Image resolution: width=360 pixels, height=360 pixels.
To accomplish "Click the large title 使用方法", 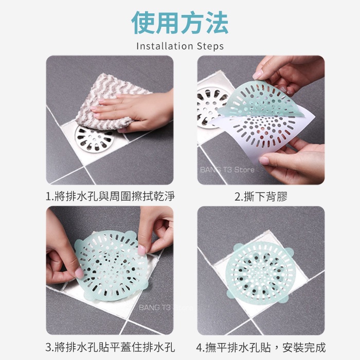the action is [180, 23].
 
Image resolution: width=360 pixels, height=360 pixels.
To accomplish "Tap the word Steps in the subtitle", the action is [210, 46].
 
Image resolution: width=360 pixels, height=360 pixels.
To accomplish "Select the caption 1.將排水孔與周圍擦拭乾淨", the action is [110, 196].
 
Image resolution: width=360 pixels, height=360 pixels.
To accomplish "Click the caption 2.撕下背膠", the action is [261, 197].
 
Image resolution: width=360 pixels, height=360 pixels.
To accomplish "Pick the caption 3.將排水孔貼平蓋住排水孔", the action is [110, 347].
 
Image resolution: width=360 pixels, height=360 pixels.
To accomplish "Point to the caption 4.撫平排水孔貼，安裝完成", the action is [261, 347].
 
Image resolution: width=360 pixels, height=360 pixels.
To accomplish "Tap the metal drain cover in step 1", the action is [95, 139].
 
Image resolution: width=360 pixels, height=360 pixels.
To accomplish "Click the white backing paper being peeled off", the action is [264, 133].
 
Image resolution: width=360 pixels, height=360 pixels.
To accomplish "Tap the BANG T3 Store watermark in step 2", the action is [227, 170].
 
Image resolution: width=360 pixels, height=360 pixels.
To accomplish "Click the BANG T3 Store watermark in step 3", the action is [166, 308].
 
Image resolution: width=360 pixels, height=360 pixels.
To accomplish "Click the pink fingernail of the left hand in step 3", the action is [79, 273].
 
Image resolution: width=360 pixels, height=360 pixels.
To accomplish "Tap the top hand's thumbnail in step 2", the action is [258, 75].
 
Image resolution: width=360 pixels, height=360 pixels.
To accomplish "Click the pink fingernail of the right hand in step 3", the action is [141, 250].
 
